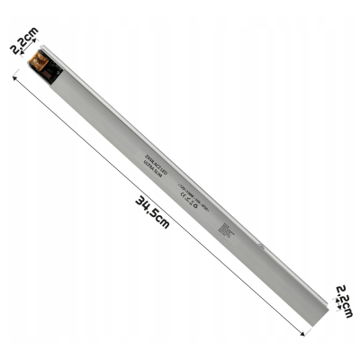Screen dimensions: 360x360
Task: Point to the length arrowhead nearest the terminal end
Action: (x=15, y=80)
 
